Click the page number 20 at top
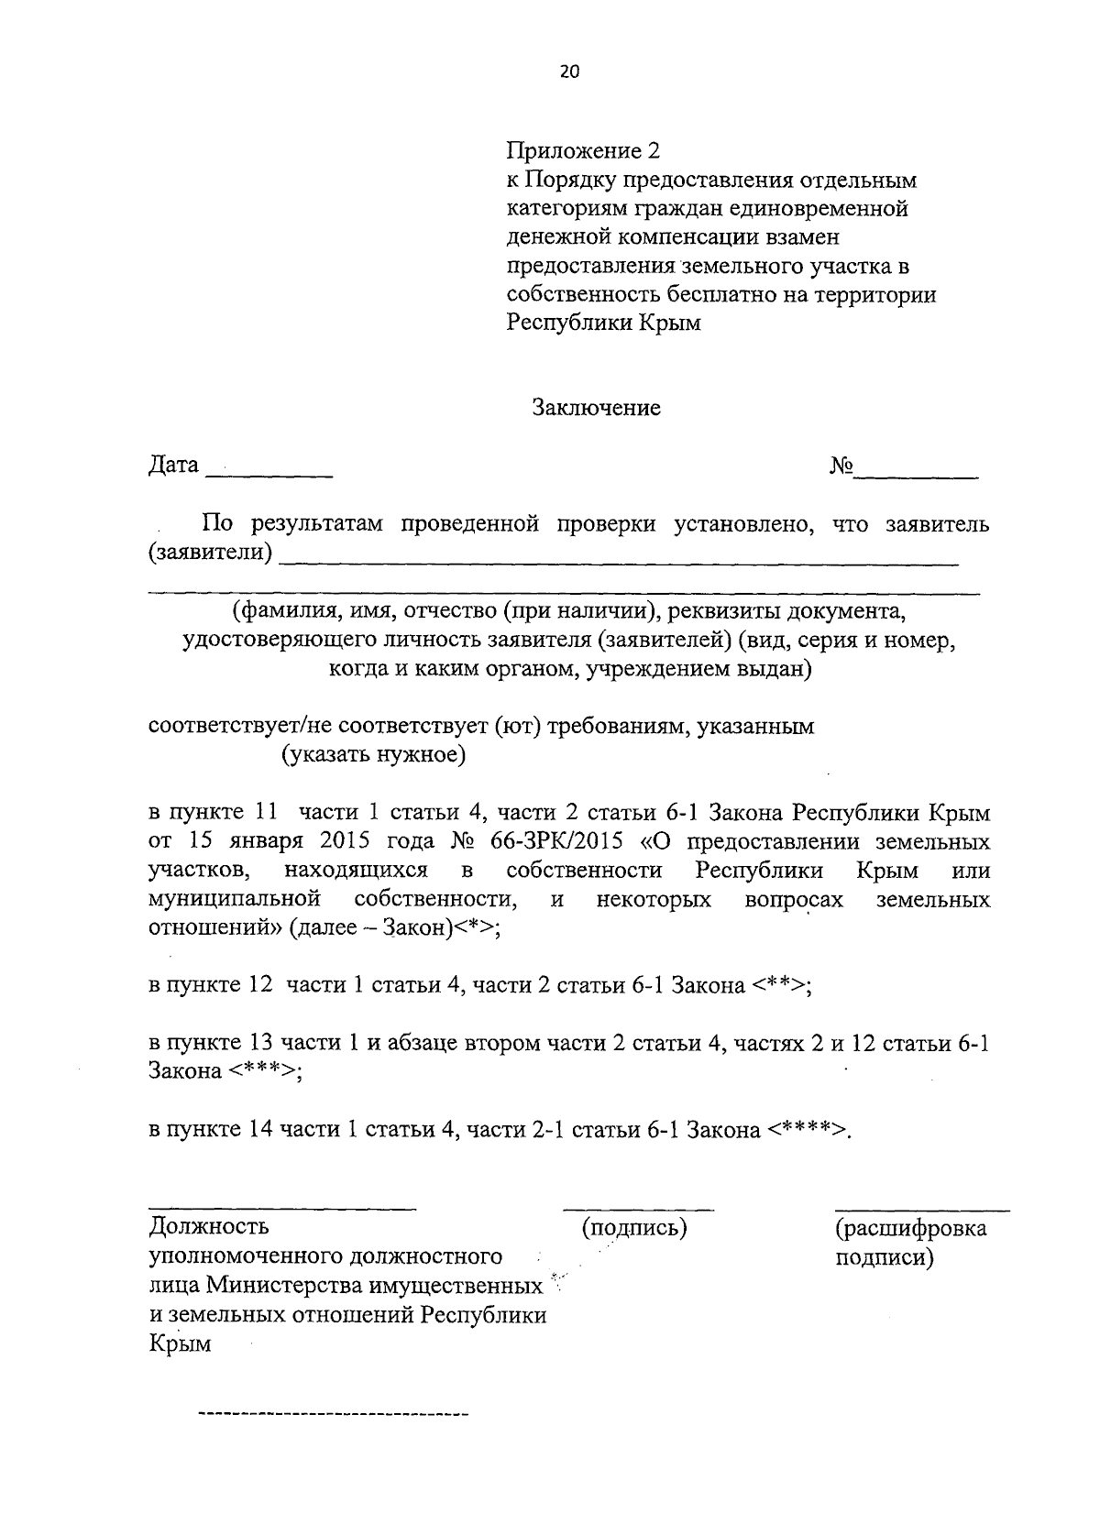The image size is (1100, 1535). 569,73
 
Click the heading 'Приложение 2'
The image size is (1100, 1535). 583,149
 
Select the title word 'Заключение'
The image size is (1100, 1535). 597,408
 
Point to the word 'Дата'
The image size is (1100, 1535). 173,466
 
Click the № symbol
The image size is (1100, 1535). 841,466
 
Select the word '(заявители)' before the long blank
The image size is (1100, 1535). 210,554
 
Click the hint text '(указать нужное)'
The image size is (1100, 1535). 374,756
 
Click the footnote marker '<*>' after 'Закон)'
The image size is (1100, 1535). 478,927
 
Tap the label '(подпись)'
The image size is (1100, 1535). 634,1228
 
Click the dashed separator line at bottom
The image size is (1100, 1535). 334,1415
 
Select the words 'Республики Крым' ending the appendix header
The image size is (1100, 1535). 604,323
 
